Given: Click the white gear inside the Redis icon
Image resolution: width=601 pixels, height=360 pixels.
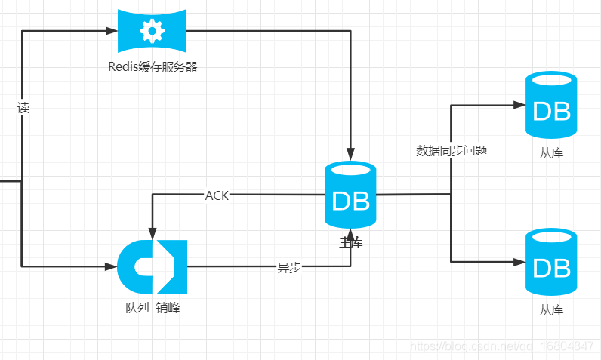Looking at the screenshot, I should pyautogui.click(x=153, y=31).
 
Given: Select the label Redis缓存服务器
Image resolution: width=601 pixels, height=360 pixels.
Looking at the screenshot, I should pyautogui.click(x=153, y=66).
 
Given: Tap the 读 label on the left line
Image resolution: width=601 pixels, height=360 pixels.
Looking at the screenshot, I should pyautogui.click(x=23, y=108).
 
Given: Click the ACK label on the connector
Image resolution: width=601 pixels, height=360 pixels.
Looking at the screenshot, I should pyautogui.click(x=217, y=195).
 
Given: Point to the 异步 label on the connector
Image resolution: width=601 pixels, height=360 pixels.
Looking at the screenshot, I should pyautogui.click(x=289, y=267).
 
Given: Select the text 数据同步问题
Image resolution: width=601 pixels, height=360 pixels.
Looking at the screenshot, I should pyautogui.click(x=452, y=150).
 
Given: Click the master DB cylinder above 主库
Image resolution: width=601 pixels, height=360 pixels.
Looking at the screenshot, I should pyautogui.click(x=350, y=196).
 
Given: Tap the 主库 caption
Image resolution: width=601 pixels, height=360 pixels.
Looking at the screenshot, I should pyautogui.click(x=350, y=242).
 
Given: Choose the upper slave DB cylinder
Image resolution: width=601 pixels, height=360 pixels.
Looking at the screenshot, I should pyautogui.click(x=550, y=106).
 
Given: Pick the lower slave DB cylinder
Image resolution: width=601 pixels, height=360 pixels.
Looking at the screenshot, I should pyautogui.click(x=550, y=263).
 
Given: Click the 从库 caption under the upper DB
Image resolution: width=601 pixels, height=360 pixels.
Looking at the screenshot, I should pyautogui.click(x=551, y=153).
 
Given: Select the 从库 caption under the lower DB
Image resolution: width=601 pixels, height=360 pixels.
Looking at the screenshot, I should pyautogui.click(x=551, y=310).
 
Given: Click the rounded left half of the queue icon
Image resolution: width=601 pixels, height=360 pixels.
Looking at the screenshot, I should pyautogui.click(x=134, y=266).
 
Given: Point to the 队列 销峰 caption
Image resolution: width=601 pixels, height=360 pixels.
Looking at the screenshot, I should pyautogui.click(x=153, y=307).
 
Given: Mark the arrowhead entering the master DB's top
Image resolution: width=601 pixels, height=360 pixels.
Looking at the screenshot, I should pyautogui.click(x=350, y=154).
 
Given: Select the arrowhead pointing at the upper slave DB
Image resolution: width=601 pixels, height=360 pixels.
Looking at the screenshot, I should pyautogui.click(x=519, y=105).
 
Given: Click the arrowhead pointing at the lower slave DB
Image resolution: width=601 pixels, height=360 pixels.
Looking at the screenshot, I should pyautogui.click(x=519, y=262).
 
